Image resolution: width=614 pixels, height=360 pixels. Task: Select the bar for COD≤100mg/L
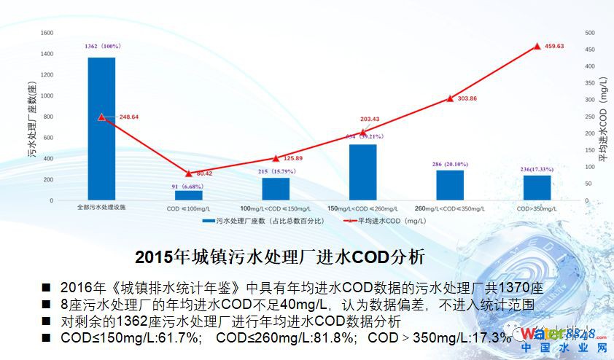click(189, 195)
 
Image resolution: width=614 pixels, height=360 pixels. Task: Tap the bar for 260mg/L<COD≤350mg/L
click(450, 185)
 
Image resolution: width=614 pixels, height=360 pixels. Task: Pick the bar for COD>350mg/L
click(537, 188)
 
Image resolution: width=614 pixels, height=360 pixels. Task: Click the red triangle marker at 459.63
click(537, 46)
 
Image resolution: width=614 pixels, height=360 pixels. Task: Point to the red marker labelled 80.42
click(189, 173)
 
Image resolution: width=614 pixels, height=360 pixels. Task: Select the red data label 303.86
click(462, 98)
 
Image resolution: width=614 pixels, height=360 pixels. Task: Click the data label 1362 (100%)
click(102, 47)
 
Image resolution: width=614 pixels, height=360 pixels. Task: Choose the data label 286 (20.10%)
click(449, 164)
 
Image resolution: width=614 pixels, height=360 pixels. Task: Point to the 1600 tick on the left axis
click(47, 33)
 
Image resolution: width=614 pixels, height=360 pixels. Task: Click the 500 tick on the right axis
click(590, 33)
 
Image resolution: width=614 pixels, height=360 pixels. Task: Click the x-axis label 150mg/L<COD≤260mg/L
click(362, 208)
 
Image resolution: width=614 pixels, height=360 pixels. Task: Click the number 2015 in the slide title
click(154, 257)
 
